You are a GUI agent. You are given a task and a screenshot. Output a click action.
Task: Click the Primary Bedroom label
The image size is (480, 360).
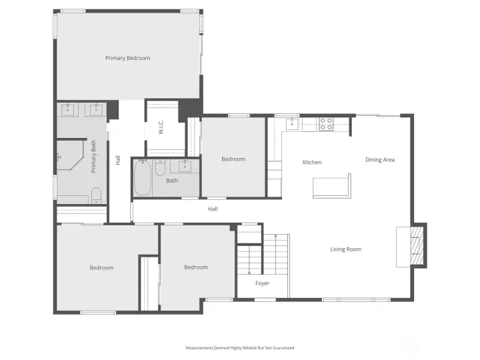click(x=127, y=58)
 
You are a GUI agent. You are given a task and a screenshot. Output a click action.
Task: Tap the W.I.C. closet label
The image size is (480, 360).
click(x=161, y=127)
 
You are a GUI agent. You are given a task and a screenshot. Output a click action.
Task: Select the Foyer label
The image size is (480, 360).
click(x=263, y=283)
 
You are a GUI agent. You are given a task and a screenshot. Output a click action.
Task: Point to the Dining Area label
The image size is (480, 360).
click(x=380, y=160)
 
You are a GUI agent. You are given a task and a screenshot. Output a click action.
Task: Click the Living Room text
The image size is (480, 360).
click(x=345, y=249)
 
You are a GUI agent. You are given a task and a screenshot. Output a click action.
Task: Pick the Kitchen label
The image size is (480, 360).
click(x=312, y=162)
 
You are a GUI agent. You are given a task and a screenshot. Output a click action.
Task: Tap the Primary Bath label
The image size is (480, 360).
click(x=94, y=157)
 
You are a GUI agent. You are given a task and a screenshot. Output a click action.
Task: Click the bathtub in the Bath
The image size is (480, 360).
click(x=143, y=177)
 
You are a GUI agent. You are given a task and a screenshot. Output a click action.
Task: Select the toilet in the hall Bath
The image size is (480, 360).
click(x=160, y=167)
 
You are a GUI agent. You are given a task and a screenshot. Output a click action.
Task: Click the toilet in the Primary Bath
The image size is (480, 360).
click(x=97, y=195)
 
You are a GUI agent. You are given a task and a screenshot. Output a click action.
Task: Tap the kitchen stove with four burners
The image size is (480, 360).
click(x=326, y=124)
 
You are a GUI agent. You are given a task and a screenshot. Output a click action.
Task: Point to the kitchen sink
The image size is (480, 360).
click(x=293, y=124)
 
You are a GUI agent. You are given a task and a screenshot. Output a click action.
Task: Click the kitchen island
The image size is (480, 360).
click(x=332, y=186)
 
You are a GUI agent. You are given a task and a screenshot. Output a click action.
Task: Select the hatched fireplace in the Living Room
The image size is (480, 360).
click(x=417, y=246)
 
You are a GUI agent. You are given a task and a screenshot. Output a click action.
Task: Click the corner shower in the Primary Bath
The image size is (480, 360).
click(x=70, y=155)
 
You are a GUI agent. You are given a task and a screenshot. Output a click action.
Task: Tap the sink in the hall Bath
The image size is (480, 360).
click(x=185, y=166)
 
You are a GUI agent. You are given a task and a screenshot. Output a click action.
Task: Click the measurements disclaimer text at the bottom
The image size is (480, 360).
click(x=240, y=348)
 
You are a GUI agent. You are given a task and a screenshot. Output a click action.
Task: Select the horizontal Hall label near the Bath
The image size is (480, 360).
click(x=213, y=209)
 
